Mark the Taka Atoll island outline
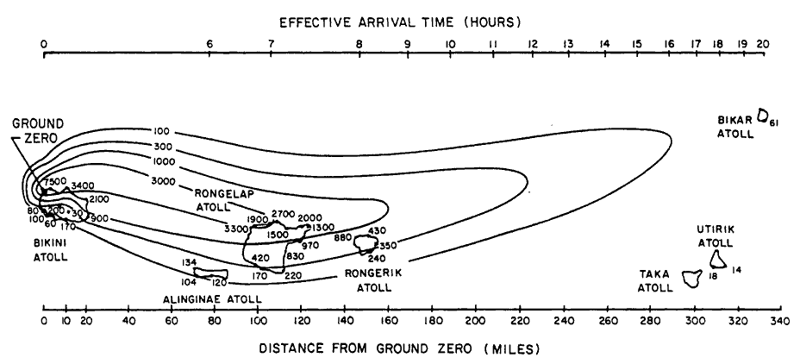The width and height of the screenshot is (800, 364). pyautogui.click(x=691, y=278)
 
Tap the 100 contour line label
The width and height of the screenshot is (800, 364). pyautogui.click(x=160, y=132)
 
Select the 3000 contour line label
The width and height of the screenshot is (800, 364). pyautogui.click(x=161, y=181)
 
